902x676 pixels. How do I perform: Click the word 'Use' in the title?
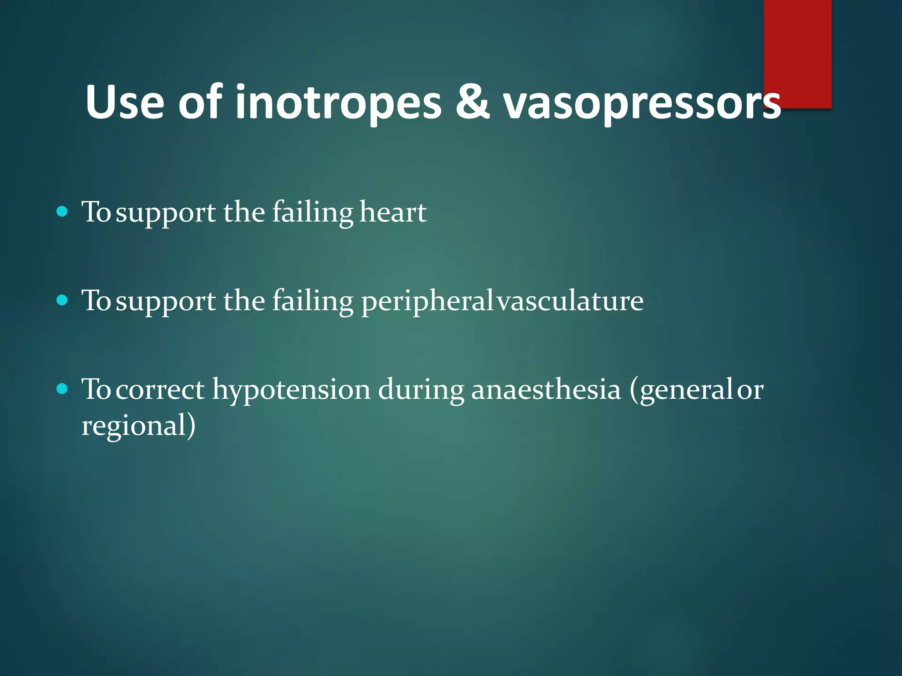coord(125,102)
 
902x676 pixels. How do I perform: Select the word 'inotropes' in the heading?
coord(338,102)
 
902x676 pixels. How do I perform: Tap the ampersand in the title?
coord(472,102)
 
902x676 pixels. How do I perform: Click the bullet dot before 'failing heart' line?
coord(63,212)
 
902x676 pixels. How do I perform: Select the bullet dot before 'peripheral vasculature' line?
coord(63,301)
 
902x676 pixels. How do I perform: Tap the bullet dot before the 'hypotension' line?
coord(63,389)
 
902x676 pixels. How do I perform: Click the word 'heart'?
coord(393,212)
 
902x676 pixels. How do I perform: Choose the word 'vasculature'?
coord(570,301)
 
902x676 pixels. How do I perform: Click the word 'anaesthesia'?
coord(546,389)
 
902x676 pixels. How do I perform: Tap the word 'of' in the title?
coord(200,102)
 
